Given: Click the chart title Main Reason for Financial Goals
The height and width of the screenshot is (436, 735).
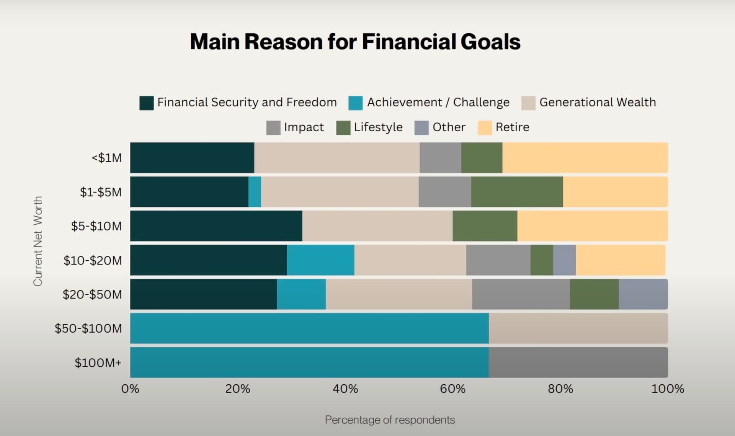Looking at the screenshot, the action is click(355, 41).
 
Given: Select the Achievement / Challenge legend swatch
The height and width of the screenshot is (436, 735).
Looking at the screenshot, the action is click(355, 103).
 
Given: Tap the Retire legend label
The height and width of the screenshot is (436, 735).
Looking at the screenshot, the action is click(512, 127).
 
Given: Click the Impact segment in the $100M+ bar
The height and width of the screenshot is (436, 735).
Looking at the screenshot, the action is click(578, 362).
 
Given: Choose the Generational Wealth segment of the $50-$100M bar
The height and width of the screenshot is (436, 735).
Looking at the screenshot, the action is click(578, 328).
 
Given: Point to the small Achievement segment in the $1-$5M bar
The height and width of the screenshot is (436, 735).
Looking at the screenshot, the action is click(255, 192).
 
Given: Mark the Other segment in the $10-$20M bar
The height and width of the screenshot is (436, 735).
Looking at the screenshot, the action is click(565, 260).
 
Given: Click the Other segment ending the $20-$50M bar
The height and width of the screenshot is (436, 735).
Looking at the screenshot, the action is click(644, 294).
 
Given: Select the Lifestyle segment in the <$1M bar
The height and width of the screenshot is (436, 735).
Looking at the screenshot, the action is click(482, 158).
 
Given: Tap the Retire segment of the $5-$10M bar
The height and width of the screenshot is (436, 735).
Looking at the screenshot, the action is click(593, 226).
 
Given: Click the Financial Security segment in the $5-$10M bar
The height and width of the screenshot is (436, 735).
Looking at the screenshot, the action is click(216, 226).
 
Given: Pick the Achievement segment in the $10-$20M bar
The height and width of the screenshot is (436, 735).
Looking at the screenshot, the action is click(320, 260).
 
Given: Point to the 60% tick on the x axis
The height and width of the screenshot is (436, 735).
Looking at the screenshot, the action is click(453, 389).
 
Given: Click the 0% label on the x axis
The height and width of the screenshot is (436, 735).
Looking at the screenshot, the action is click(130, 389).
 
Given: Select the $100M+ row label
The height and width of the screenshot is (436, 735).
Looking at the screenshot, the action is click(98, 363).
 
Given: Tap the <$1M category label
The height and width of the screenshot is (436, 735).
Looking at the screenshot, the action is click(106, 158).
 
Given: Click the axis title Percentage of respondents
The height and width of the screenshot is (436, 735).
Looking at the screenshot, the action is click(390, 420).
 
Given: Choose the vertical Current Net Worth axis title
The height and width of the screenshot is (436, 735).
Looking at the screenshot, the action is click(38, 241).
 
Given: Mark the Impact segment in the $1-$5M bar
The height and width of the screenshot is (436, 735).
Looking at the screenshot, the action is click(445, 192).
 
